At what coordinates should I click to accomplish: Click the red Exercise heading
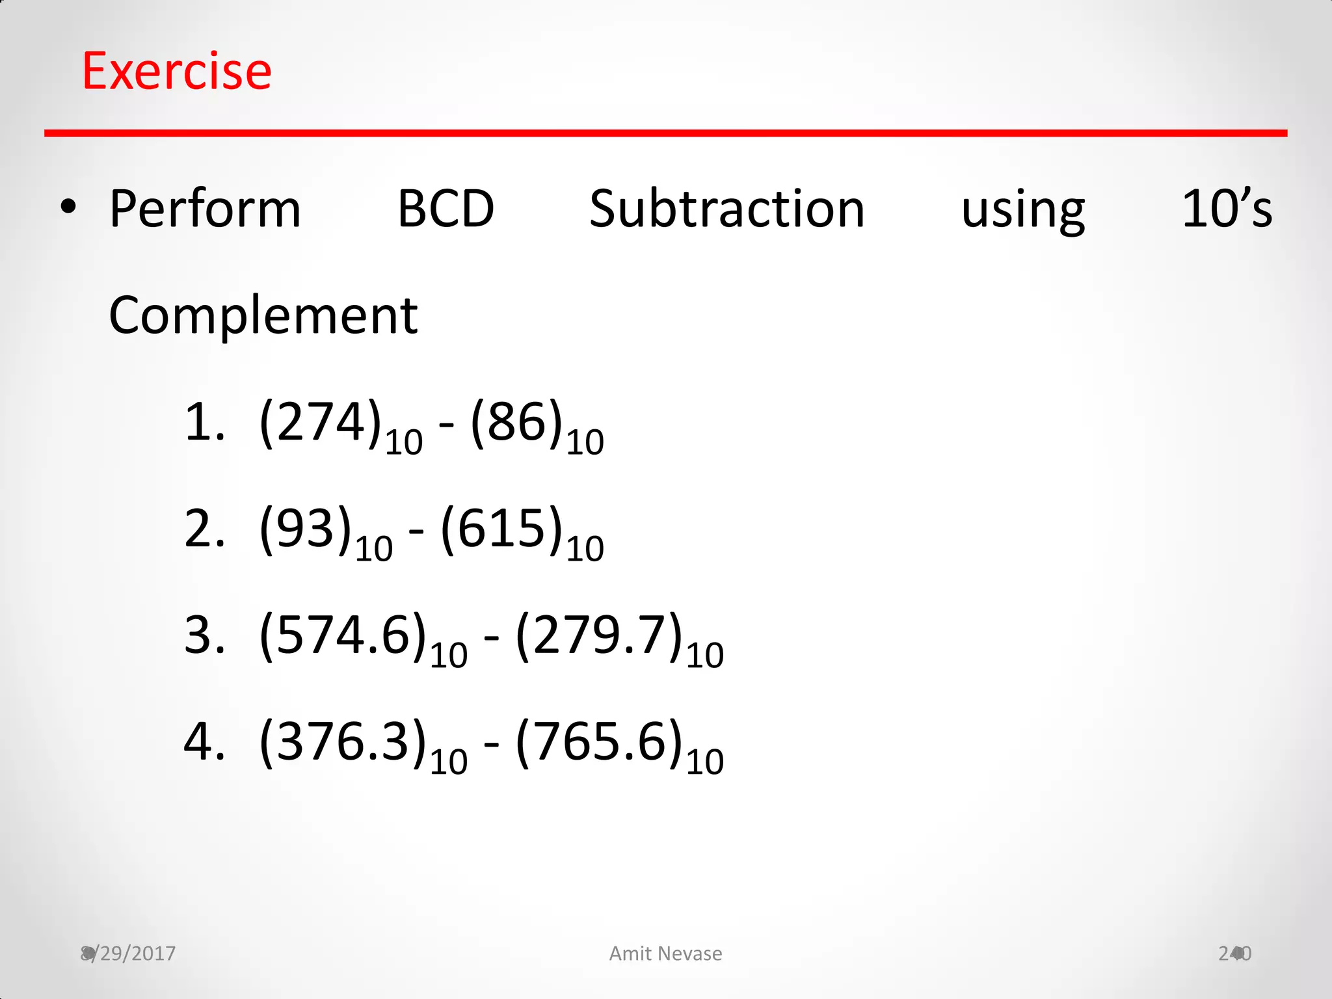tap(177, 71)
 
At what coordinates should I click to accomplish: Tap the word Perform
tap(205, 209)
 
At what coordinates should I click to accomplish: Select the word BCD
tap(446, 209)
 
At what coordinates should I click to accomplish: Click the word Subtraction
tap(726, 209)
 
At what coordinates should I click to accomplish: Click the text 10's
tap(1227, 209)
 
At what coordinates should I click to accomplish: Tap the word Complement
tap(263, 316)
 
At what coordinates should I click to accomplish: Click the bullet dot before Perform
tap(68, 208)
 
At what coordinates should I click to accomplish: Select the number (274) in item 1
tap(320, 423)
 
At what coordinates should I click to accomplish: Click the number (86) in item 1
tap(516, 423)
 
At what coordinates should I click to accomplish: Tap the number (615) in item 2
tap(501, 529)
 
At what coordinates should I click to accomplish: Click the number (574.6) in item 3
tap(343, 635)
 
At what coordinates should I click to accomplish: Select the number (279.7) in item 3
tap(599, 635)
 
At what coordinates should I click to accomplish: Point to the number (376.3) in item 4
tap(343, 742)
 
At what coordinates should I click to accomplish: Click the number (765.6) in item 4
tap(599, 742)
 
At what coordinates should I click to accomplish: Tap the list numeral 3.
tap(203, 635)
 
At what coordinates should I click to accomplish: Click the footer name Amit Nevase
tap(665, 953)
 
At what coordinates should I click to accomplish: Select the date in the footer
tap(129, 953)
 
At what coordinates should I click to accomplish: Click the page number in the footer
tap(1234, 953)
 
